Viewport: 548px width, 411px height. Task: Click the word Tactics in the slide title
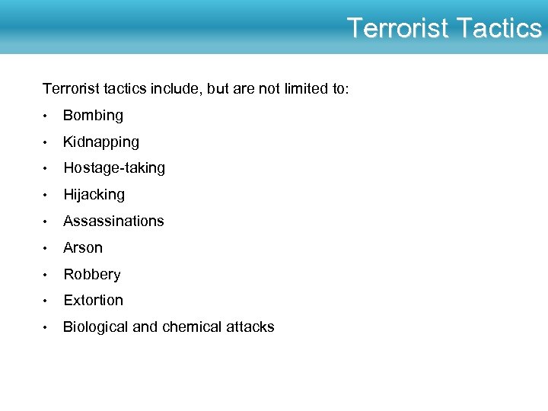(499, 28)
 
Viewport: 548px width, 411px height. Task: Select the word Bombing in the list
(93, 116)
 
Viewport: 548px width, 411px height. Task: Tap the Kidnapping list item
(101, 142)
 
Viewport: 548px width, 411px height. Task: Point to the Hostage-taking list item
(114, 168)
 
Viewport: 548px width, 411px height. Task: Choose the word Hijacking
(94, 195)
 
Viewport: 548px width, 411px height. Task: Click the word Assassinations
(113, 221)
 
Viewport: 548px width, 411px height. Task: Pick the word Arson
(83, 248)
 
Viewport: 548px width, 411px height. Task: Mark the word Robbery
(92, 275)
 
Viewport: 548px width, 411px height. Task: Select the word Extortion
(93, 301)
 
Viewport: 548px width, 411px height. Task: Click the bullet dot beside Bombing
(46, 116)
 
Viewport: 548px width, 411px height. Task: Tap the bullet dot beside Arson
(46, 249)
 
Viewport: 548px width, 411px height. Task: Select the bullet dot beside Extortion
(46, 301)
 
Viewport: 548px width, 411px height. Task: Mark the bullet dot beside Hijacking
(46, 196)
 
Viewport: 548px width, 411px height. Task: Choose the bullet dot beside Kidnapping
(46, 143)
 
